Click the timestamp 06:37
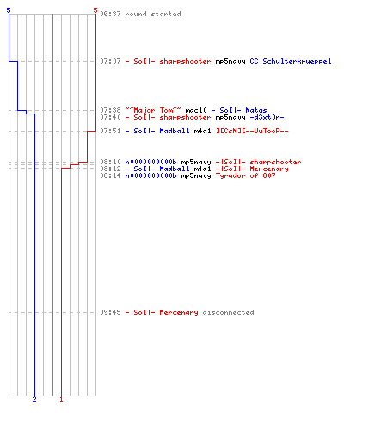[x=110, y=14]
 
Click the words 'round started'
[x=153, y=14]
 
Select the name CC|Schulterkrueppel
[x=291, y=61]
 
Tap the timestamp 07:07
[x=110, y=61]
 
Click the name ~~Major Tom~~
[x=153, y=110]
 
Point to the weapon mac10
[x=196, y=110]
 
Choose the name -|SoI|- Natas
[x=239, y=110]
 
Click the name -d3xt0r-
[x=267, y=117]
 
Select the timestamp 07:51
[x=110, y=131]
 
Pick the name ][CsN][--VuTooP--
[x=252, y=131]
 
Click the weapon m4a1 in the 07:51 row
[x=202, y=131]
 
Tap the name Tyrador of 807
[x=245, y=175]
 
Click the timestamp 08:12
[x=110, y=169]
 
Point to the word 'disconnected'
[x=228, y=312]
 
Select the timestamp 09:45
[x=110, y=312]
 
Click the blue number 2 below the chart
[x=34, y=399]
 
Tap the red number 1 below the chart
[x=61, y=399]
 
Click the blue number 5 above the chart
[x=9, y=10]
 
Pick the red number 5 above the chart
[x=95, y=10]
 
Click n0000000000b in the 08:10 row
[x=150, y=162]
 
